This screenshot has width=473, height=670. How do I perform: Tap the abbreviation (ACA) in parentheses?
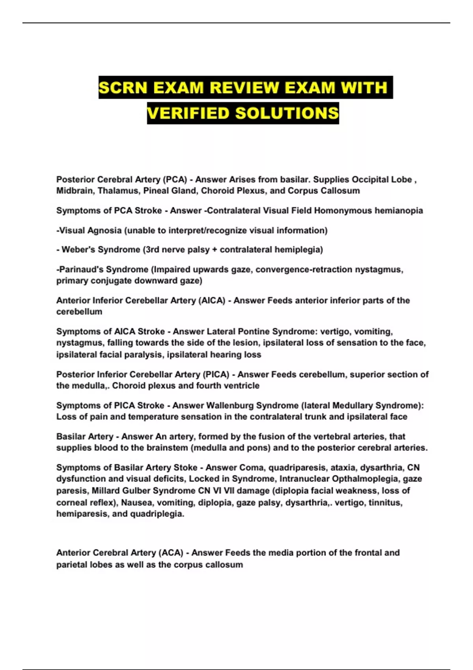(x=171, y=553)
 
